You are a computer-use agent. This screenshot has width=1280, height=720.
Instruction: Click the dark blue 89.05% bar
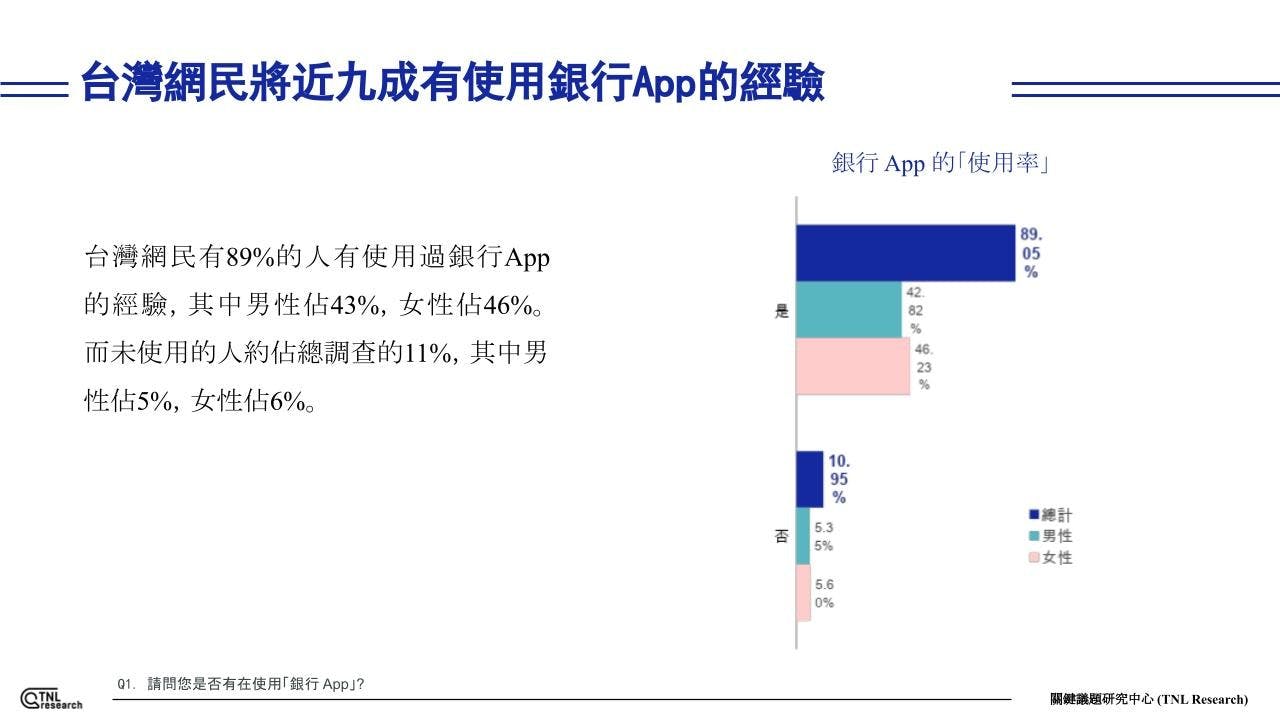(905, 253)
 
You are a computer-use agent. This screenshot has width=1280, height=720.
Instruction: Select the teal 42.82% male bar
(848, 309)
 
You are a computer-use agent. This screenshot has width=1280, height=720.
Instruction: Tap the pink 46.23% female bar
(853, 366)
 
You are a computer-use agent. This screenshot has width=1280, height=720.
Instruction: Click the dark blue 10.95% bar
(809, 479)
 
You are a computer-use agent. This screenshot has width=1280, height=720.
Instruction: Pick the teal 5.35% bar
(802, 536)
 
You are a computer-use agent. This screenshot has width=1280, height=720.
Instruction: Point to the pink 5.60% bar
(803, 593)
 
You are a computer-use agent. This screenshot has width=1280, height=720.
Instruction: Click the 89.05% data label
(1030, 253)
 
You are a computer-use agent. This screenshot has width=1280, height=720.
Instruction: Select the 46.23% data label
(923, 366)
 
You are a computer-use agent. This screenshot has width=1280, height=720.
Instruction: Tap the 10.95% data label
(839, 479)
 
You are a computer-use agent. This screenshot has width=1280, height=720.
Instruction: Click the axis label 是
(782, 310)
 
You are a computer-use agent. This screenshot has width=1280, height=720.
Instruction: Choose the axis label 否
(782, 536)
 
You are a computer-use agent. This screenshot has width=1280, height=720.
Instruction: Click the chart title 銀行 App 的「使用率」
(940, 163)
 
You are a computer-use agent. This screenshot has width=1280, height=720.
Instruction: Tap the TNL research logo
(51, 698)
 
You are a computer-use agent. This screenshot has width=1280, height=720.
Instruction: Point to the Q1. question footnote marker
(125, 685)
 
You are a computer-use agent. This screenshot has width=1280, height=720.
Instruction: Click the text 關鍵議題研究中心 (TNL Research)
(1149, 699)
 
